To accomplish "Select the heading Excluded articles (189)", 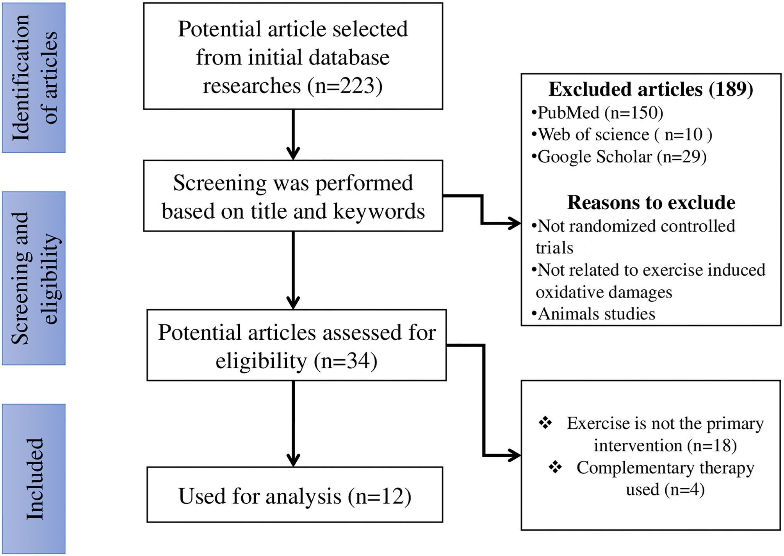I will (x=650, y=89).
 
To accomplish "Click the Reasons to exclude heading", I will (x=651, y=202).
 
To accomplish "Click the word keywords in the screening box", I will (x=379, y=211).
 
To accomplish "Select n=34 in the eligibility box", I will (x=346, y=361).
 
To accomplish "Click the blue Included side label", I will (x=34, y=479).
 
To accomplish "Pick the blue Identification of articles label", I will (x=34, y=77).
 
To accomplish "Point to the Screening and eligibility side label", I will (x=34, y=278).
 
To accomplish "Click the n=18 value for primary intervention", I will (x=713, y=446).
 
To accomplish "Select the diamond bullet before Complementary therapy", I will (x=555, y=467).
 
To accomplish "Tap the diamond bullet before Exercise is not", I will (x=545, y=422).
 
